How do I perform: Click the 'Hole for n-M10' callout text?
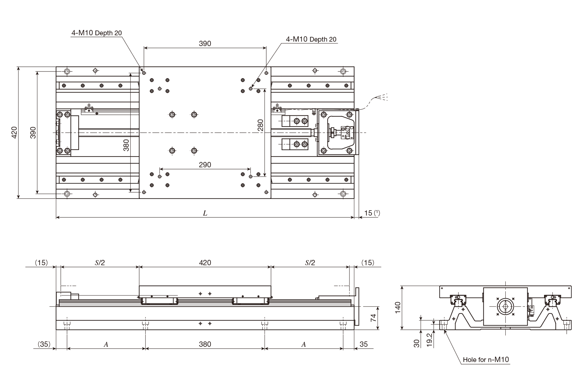click(x=486, y=359)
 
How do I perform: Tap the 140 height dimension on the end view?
click(x=398, y=308)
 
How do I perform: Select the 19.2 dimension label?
click(x=430, y=340)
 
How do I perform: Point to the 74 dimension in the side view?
click(x=373, y=318)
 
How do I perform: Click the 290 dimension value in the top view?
click(x=205, y=165)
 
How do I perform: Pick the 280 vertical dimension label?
click(x=260, y=125)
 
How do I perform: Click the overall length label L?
click(x=205, y=213)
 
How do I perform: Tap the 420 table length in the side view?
click(x=205, y=263)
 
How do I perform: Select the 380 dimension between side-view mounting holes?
click(x=205, y=344)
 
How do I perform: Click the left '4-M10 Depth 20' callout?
click(x=96, y=33)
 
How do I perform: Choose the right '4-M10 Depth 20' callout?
click(x=311, y=39)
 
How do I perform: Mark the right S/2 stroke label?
click(x=310, y=263)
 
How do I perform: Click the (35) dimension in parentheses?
click(x=44, y=344)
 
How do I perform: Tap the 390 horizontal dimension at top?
click(x=205, y=44)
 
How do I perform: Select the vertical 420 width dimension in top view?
click(x=14, y=132)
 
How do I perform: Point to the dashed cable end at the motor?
click(x=382, y=97)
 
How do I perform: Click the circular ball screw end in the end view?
click(x=505, y=306)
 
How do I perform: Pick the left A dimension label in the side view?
click(x=106, y=344)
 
